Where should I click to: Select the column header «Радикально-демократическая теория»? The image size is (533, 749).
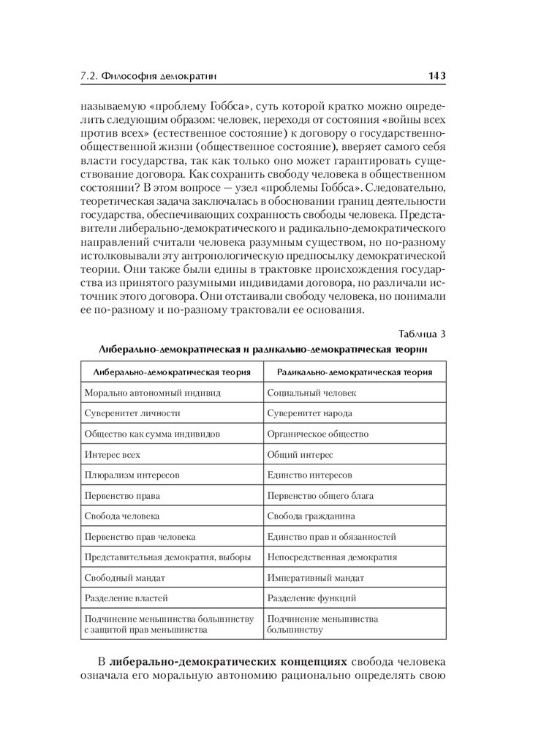pyautogui.click(x=354, y=372)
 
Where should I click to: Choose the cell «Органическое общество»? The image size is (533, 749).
pyautogui.click(x=317, y=434)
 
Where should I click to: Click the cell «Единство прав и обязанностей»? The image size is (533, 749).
pyautogui.click(x=331, y=536)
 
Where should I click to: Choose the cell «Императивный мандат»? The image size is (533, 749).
pyautogui.click(x=315, y=578)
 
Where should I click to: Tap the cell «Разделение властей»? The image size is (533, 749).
pyautogui.click(x=126, y=598)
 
